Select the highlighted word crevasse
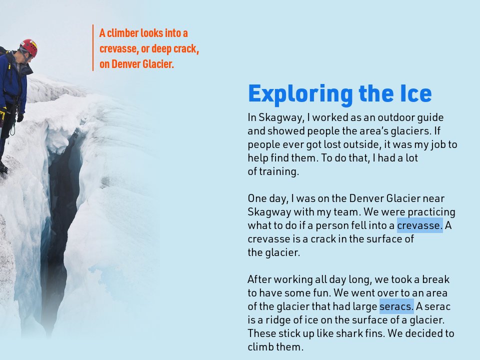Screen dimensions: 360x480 [419, 226]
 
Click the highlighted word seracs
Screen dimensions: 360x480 [396, 306]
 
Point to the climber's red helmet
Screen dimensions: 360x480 [29, 47]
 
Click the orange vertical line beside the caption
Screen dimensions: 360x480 [93, 48]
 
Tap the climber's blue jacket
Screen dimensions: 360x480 [12, 80]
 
